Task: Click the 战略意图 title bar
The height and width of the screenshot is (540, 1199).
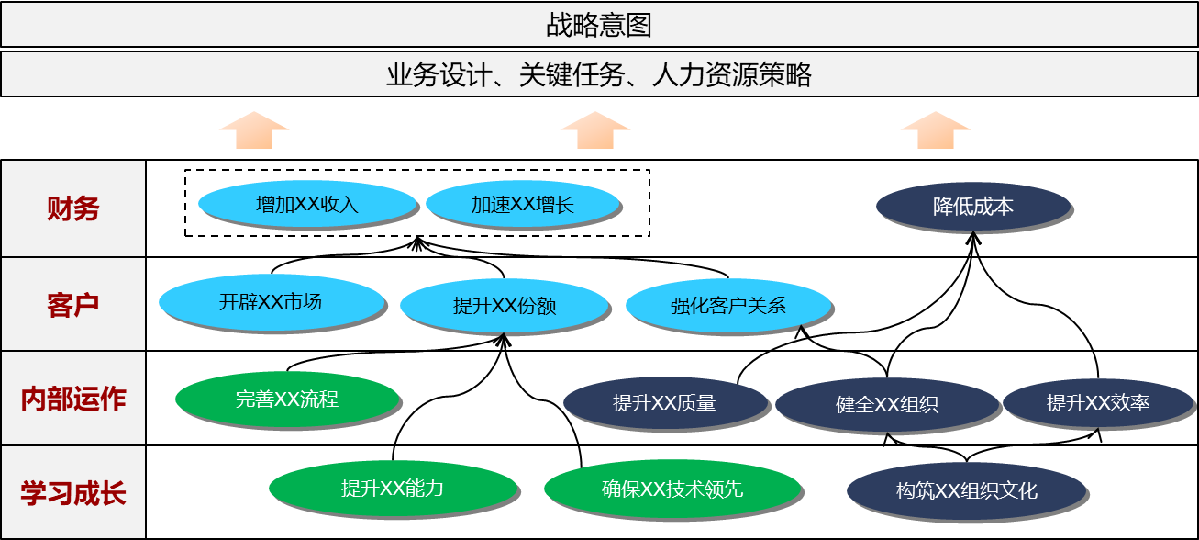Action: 599,25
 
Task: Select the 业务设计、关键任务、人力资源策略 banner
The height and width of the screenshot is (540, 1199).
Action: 599,74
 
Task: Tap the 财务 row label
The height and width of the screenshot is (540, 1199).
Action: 72,209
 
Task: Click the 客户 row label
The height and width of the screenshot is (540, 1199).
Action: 72,305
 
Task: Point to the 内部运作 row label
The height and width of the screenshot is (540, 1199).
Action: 72,399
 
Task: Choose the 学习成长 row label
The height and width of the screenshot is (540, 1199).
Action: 72,493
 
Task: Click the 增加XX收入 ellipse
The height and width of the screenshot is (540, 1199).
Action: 306,204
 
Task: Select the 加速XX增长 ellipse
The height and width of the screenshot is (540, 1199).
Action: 522,204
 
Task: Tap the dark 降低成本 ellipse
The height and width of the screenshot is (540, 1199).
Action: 972,206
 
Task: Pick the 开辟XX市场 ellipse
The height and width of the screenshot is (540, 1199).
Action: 271,301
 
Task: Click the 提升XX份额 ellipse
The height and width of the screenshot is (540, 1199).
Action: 504,306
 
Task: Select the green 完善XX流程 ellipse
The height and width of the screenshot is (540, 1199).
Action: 287,399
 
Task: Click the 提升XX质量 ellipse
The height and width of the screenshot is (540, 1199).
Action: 664,402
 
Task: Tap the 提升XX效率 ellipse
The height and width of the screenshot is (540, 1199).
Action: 1097,402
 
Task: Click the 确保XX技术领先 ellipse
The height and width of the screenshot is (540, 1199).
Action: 672,489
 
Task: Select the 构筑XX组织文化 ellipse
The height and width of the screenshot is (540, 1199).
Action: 966,490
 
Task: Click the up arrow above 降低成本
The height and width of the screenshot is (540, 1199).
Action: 935,129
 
